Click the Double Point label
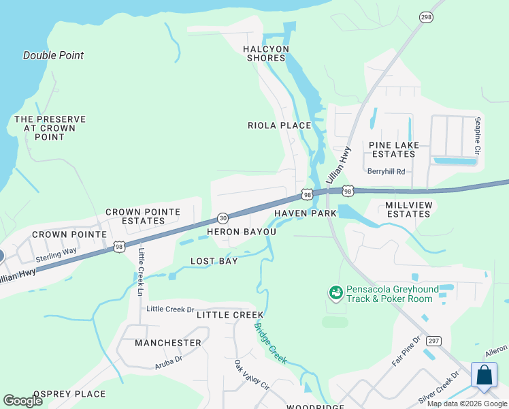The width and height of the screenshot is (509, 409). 53,55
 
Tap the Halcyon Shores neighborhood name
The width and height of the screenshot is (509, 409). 266,53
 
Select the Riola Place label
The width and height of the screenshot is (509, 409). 279,125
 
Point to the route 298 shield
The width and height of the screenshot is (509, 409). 426,18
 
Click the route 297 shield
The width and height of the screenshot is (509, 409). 433,340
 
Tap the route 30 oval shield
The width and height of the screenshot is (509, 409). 223,217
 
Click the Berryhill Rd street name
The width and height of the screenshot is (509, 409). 386,172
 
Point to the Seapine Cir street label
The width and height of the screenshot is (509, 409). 478,135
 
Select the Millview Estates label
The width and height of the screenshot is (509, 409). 408,209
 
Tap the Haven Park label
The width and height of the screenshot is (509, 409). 306,213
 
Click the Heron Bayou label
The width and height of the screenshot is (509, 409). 242,232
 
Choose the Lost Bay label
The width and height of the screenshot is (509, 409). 214,261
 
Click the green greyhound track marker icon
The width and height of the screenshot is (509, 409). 335,293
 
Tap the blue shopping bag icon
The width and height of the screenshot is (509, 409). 484,376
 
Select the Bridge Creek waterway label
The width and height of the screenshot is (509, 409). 271,342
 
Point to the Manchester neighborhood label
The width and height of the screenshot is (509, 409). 167,343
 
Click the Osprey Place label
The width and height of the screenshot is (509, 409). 69,394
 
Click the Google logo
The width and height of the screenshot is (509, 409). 23,400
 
